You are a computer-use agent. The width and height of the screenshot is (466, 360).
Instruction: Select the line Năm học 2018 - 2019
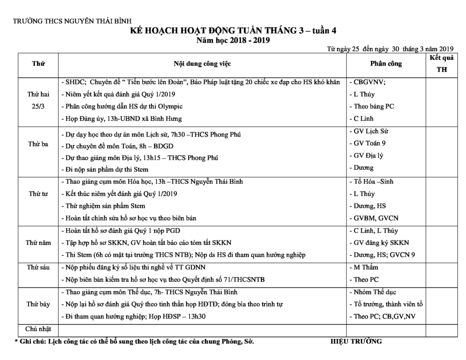(x=233, y=41)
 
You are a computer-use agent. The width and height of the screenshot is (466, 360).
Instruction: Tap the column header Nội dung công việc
(x=202, y=64)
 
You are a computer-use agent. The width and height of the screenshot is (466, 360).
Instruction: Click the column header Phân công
(x=385, y=64)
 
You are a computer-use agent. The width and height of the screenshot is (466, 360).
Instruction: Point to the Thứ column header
(x=38, y=64)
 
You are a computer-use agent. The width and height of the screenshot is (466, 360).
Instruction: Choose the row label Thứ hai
(x=38, y=94)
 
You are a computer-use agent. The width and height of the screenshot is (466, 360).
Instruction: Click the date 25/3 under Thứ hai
(x=38, y=106)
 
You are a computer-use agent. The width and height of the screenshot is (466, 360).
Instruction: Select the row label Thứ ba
(x=38, y=144)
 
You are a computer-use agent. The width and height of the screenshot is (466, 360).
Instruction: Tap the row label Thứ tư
(x=38, y=194)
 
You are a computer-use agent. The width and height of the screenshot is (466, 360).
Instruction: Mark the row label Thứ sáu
(x=38, y=267)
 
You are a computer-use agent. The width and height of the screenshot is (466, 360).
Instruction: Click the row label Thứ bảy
(x=38, y=304)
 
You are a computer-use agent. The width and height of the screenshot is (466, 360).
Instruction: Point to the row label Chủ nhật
(x=38, y=328)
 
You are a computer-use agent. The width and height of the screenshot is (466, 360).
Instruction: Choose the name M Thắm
(x=366, y=267)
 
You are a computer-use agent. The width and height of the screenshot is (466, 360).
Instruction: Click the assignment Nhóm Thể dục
(x=374, y=292)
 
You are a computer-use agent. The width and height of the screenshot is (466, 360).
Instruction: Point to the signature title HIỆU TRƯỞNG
(x=356, y=341)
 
